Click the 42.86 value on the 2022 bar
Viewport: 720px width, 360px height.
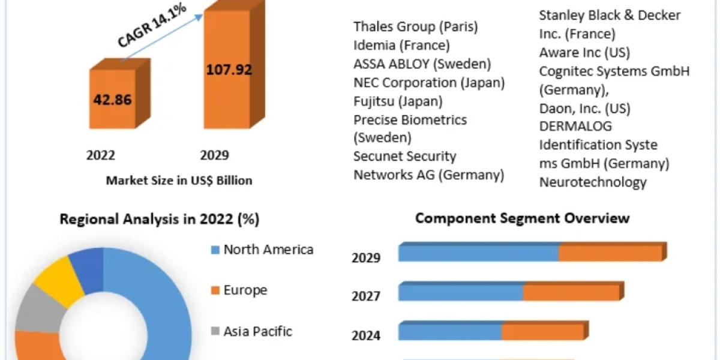(112, 100)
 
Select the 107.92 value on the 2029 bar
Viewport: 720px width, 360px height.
(229, 69)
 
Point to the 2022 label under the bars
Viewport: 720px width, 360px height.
(101, 155)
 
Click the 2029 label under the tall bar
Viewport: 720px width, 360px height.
(214, 155)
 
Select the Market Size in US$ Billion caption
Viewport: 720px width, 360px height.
(179, 180)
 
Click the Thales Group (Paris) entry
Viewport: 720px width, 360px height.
(416, 26)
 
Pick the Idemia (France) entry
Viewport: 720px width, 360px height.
(401, 45)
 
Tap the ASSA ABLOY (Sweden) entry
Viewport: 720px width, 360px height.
(422, 64)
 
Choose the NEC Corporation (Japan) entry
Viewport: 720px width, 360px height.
(429, 82)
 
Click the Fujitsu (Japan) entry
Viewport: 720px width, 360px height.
(398, 101)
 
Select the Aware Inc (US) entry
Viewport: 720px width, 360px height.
(584, 52)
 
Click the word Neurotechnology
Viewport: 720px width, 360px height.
(593, 182)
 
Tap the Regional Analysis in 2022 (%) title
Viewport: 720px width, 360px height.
(160, 220)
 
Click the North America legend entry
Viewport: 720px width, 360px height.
(268, 250)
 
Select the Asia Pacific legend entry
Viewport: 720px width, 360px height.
(257, 331)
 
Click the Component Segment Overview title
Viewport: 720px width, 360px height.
(523, 217)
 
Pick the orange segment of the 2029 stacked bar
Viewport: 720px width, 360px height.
(610, 253)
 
